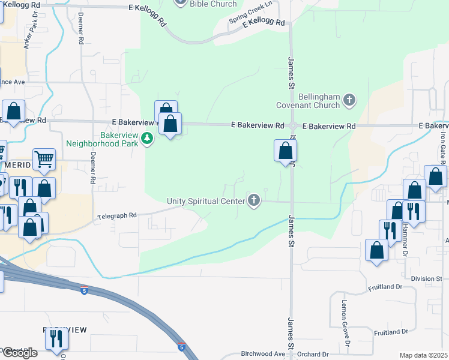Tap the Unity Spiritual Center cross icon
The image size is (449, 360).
[254, 200]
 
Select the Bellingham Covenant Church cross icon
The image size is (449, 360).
[350, 101]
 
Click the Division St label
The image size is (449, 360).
[427, 278]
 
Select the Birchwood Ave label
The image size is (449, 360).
[261, 354]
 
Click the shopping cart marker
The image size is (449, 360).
[44, 159]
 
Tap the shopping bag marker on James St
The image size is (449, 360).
[285, 151]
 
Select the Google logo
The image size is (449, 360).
[19, 353]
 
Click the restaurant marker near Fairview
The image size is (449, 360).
[56, 340]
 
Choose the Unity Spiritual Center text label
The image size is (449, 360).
[207, 200]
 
